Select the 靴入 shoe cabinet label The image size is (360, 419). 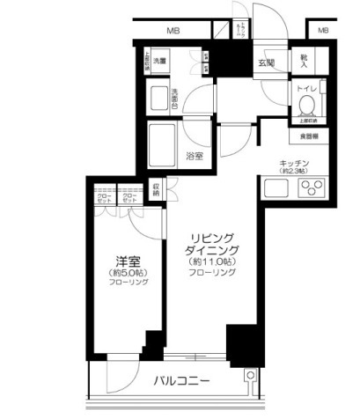305,61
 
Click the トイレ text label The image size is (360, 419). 305,90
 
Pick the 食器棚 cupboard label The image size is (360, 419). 309,136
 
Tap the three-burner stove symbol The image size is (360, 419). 315,187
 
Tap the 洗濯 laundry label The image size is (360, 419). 158,62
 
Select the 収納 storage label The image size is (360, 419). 156,189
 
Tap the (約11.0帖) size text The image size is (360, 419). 211,262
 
